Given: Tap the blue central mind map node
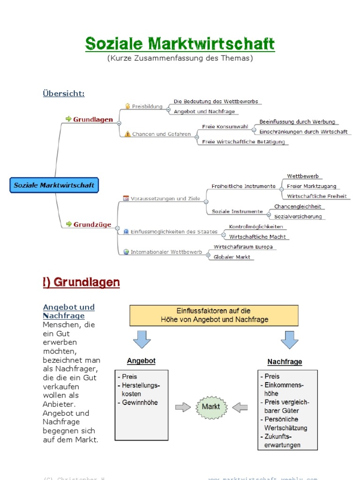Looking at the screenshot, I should pyautogui.click(x=54, y=185).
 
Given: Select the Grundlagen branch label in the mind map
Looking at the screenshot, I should pyautogui.click(x=93, y=120).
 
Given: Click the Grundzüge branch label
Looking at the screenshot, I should pyautogui.click(x=92, y=225).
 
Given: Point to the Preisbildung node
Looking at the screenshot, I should pyautogui.click(x=147, y=106).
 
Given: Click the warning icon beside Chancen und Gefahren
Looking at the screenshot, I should pyautogui.click(x=127, y=134).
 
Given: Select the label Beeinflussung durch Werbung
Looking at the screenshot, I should pyautogui.click(x=297, y=122).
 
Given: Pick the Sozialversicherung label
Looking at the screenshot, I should pyautogui.click(x=298, y=217).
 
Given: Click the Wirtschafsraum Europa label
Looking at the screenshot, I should pyautogui.click(x=243, y=247).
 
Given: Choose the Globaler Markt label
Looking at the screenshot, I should pyautogui.click(x=232, y=257).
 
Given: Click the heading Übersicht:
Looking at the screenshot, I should pyautogui.click(x=64, y=93).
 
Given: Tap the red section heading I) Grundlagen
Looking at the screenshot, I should pyautogui.click(x=81, y=282).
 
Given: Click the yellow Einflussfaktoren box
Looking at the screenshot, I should pyautogui.click(x=214, y=315).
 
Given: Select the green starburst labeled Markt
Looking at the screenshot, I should pyautogui.click(x=210, y=406).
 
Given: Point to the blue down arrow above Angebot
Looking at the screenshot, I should pyautogui.click(x=142, y=339).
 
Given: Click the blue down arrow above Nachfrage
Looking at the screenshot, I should pyautogui.click(x=289, y=339).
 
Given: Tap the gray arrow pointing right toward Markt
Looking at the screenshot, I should pyautogui.click(x=182, y=407).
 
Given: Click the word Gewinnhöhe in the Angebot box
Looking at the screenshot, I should pyautogui.click(x=140, y=402).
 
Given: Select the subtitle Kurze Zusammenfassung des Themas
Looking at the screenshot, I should pyautogui.click(x=180, y=59).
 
